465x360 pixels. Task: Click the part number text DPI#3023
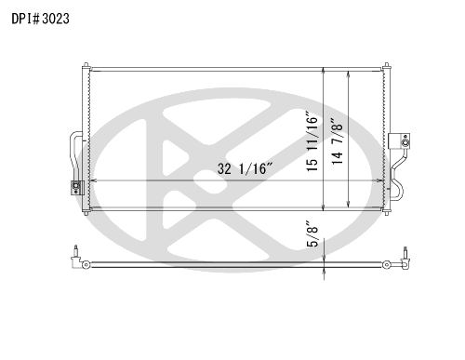[40, 19]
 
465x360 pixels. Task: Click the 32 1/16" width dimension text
[245, 169]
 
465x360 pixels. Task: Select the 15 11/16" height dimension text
[312, 141]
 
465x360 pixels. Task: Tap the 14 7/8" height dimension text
[338, 141]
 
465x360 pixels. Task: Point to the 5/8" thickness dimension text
[312, 233]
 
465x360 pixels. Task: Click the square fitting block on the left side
[77, 188]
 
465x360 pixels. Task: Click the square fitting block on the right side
[399, 141]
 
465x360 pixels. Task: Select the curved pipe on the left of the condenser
[75, 156]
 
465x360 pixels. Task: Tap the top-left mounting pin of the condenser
[86, 65]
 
